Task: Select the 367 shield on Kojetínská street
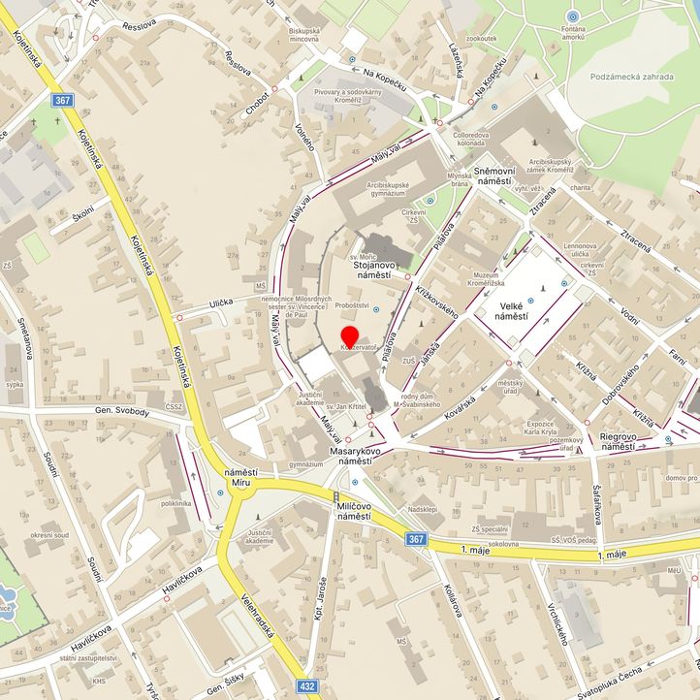coord(63,99)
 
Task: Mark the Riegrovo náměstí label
coord(617,441)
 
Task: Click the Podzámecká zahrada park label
coord(631,75)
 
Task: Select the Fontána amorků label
coord(573,38)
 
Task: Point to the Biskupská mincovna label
coord(303,36)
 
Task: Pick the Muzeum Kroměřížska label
coord(492,280)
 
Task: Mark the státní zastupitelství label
coord(87,658)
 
